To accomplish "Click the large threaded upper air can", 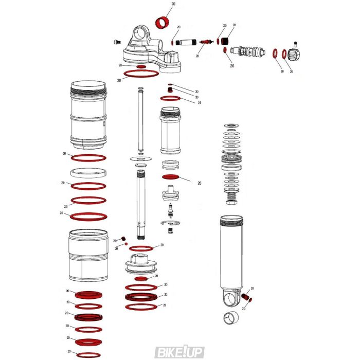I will tap(88, 114).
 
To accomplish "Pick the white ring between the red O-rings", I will tap(88, 173).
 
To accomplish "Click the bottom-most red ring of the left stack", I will tap(88, 355).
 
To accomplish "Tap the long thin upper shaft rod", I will tap(140, 121).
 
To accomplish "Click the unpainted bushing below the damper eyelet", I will tap(232, 319).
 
